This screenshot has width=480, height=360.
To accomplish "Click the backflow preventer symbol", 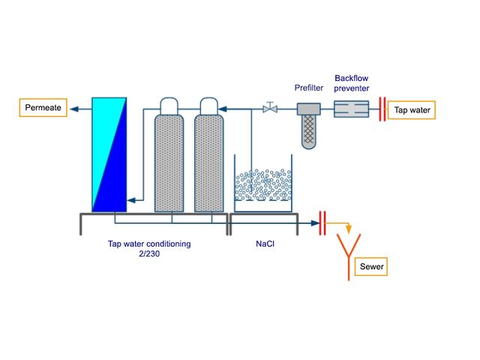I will coord(350,109).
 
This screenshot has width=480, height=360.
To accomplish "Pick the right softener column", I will coord(210,161).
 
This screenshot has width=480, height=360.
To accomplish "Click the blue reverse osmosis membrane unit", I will coord(109,154).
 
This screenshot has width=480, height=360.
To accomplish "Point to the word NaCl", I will coord(265,243).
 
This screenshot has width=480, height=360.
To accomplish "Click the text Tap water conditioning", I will coord(149,243).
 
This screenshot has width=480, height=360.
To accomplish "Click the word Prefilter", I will coord(309,88).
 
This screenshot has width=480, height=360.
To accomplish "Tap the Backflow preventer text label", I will coord(352,82).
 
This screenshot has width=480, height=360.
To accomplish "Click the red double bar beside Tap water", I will coord(382,109).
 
